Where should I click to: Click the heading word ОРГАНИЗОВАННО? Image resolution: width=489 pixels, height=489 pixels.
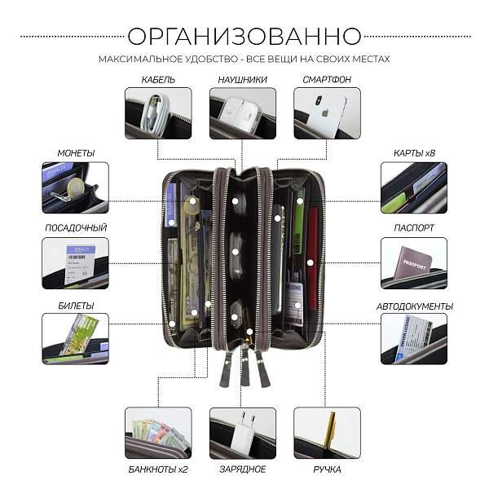[244, 36]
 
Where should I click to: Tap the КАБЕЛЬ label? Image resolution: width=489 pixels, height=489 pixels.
[158, 80]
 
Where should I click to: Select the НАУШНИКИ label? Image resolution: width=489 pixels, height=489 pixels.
[243, 80]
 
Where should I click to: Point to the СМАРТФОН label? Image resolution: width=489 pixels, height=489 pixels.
[327, 80]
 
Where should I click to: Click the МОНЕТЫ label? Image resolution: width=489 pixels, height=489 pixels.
[76, 153]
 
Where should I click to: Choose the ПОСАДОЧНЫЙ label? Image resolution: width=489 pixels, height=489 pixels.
[76, 228]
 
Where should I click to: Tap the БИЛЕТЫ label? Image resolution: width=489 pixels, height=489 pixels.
[76, 305]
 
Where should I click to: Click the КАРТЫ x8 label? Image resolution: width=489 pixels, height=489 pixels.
[413, 153]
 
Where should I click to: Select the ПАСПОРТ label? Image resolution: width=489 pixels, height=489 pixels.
[413, 228]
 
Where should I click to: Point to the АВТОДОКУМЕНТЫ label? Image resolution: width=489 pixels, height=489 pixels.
[414, 306]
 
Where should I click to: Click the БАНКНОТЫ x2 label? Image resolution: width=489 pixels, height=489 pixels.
[158, 469]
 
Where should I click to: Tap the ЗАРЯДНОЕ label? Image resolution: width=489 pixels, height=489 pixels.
[243, 469]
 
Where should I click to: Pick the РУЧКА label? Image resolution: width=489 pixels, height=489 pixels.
[327, 469]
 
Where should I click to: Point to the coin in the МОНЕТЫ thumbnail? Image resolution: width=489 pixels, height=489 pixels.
[69, 187]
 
